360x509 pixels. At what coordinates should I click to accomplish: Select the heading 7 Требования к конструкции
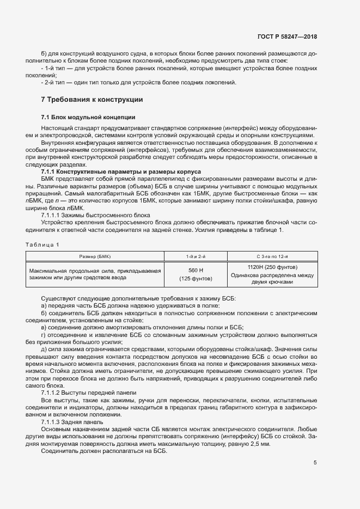[92, 100]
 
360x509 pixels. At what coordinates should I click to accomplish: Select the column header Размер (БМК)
[95, 255]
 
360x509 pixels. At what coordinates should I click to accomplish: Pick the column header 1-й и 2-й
[196, 255]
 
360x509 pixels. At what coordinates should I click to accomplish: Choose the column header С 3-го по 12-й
[272, 255]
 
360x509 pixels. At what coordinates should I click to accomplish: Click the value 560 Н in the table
[196, 270]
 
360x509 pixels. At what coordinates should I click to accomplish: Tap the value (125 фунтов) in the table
[196, 279]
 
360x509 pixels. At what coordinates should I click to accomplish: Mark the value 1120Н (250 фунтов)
[272, 267]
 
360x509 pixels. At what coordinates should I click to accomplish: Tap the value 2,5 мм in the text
[258, 444]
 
